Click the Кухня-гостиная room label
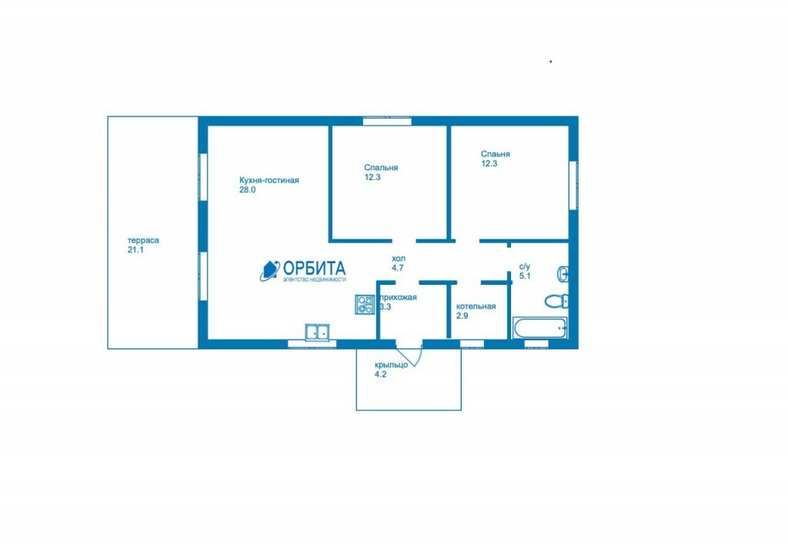pyautogui.click(x=269, y=180)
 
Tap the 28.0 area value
pyautogui.click(x=247, y=190)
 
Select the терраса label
pyautogui.click(x=143, y=240)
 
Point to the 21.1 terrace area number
pyautogui.click(x=135, y=250)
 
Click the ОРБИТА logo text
pyautogui.click(x=314, y=268)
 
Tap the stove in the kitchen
pyautogui.click(x=365, y=304)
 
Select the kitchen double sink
pyautogui.click(x=317, y=333)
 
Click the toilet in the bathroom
pyautogui.click(x=557, y=301)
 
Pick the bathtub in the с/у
pyautogui.click(x=540, y=328)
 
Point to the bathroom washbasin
pyautogui.click(x=563, y=274)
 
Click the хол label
pyautogui.click(x=399, y=259)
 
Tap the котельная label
pyautogui.click(x=476, y=306)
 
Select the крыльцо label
pyautogui.click(x=391, y=365)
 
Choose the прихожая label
pyautogui.click(x=399, y=297)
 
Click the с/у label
pyautogui.click(x=525, y=266)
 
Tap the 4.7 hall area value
pyautogui.click(x=398, y=268)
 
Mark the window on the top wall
pyautogui.click(x=388, y=121)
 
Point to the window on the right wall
pyautogui.click(x=573, y=185)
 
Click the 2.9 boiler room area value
pyautogui.click(x=462, y=316)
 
